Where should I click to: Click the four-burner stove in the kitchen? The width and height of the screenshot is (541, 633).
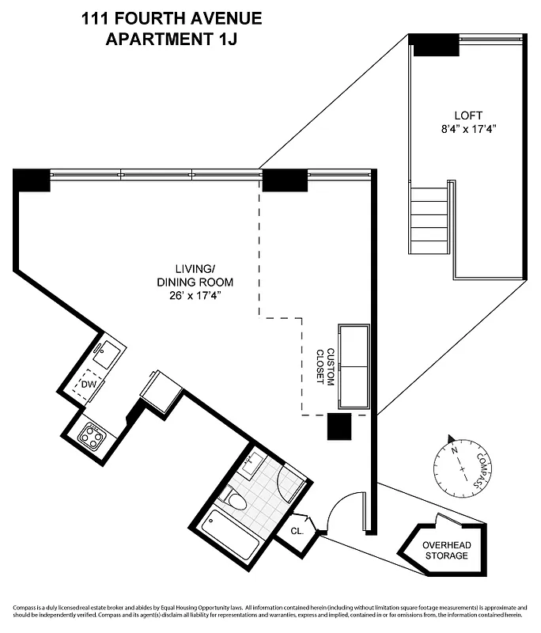tap(90, 435)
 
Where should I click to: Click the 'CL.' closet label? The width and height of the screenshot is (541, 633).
tap(297, 532)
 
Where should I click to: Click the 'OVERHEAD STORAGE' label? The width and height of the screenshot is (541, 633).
tap(445, 550)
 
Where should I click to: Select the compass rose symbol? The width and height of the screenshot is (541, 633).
tap(456, 462)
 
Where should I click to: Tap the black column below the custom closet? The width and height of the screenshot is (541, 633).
tap(340, 427)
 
